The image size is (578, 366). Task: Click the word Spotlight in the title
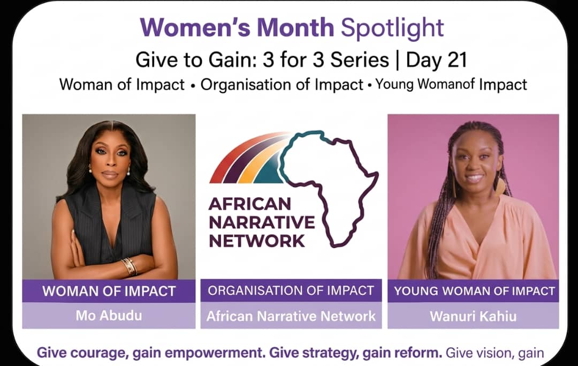392,28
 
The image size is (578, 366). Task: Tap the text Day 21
437,60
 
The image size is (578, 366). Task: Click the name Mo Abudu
109,316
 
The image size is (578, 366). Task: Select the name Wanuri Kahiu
473,316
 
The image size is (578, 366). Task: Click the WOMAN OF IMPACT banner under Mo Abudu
109,291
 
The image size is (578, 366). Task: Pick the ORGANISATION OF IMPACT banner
291,291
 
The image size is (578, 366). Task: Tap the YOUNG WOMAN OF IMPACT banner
473,291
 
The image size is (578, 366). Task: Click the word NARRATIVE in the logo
262,222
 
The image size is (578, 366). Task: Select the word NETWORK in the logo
257,241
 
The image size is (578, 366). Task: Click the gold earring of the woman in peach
500,187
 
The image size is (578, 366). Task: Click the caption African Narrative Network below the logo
291,316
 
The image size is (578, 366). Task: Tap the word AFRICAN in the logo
250,204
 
